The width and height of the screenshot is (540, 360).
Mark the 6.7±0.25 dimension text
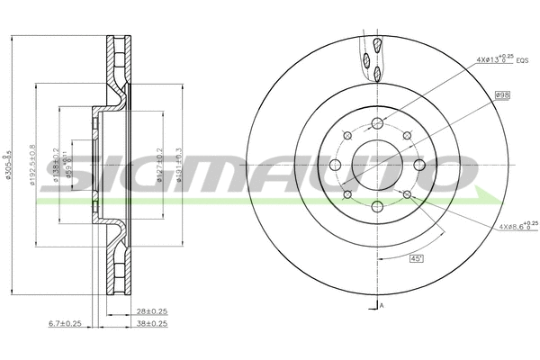[x=65, y=323]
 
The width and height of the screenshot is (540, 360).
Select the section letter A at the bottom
[x=382, y=306]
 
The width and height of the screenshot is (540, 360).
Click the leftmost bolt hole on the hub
[x=336, y=165]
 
